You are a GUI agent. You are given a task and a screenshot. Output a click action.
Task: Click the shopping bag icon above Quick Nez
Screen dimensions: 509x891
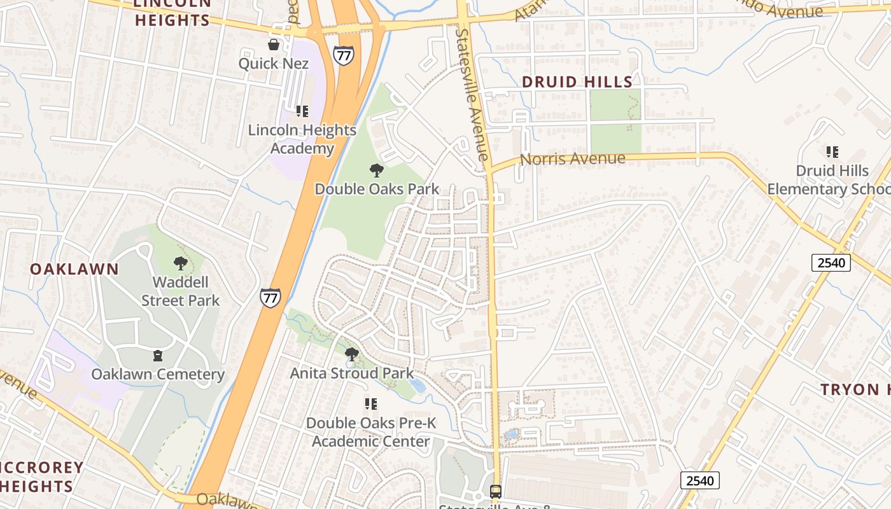[x=274, y=45]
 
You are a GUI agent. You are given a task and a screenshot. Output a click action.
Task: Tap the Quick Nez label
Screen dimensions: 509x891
[x=274, y=64]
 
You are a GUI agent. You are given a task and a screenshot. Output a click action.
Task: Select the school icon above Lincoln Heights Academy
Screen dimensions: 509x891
[x=302, y=111]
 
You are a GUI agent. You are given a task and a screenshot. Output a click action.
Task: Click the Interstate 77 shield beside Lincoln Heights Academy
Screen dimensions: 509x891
[x=344, y=55]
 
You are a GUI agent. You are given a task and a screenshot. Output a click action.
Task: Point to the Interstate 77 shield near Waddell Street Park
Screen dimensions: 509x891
[x=270, y=298]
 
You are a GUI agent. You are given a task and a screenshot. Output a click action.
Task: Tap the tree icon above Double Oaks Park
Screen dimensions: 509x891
[x=377, y=171]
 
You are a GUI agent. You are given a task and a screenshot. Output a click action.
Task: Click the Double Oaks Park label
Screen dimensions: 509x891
[x=377, y=189]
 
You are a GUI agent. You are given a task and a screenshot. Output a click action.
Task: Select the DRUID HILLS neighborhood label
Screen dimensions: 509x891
[x=577, y=82]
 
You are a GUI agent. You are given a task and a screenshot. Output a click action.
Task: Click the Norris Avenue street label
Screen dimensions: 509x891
[x=572, y=159]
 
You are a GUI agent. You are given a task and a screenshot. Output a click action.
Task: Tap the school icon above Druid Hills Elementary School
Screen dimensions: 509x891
[x=832, y=152]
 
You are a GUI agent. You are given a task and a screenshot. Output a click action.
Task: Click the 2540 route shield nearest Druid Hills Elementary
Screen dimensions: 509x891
[x=831, y=263]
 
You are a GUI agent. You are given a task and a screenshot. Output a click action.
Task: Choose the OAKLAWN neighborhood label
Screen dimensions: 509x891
[x=74, y=269]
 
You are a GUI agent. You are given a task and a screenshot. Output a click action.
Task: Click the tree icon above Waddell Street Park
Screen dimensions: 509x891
[x=181, y=263]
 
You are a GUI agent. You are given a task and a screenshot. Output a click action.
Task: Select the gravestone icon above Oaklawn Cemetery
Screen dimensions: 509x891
[x=158, y=356]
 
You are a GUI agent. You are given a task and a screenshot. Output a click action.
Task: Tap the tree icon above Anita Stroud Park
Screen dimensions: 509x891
[x=351, y=354]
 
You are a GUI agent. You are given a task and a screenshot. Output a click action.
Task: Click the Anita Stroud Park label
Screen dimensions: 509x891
[x=352, y=373]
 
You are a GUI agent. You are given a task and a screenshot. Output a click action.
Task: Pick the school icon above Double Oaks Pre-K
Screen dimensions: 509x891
[x=371, y=404]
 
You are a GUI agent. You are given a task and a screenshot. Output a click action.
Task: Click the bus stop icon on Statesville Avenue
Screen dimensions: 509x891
[x=496, y=491]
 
